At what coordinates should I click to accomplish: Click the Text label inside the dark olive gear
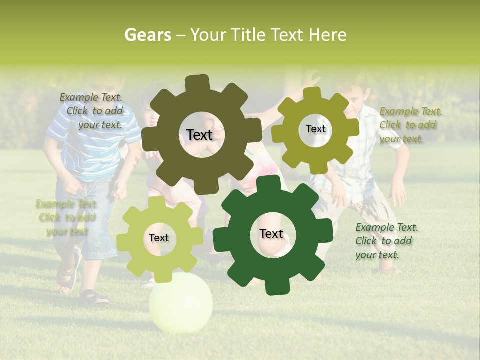pos(199,135)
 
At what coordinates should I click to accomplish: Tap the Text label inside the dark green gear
pos(271,234)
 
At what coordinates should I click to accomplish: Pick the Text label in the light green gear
pos(159,238)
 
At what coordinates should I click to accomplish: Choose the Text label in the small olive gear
pos(315,129)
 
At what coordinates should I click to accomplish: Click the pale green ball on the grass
pos(181,302)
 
